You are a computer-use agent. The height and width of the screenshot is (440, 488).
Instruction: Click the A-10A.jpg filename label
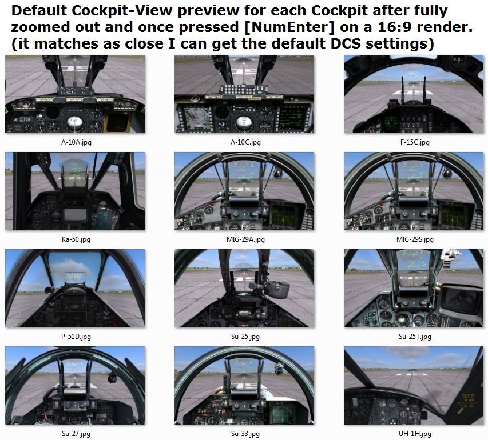tap(75, 142)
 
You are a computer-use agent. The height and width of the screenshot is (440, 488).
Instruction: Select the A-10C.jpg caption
tap(244, 142)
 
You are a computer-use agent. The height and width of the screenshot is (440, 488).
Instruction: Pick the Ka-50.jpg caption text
tap(75, 239)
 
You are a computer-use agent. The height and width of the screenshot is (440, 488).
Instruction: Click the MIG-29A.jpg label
tap(244, 239)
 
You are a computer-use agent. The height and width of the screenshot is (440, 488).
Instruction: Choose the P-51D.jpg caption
tap(75, 337)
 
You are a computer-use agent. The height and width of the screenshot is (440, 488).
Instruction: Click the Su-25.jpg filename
tap(244, 337)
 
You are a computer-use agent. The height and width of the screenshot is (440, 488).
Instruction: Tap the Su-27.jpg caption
tap(75, 434)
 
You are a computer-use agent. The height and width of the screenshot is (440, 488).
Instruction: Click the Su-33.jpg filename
tap(244, 434)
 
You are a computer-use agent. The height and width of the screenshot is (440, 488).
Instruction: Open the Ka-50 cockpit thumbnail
tap(75, 191)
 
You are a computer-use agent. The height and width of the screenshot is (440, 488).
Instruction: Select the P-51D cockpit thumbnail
tap(75, 289)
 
